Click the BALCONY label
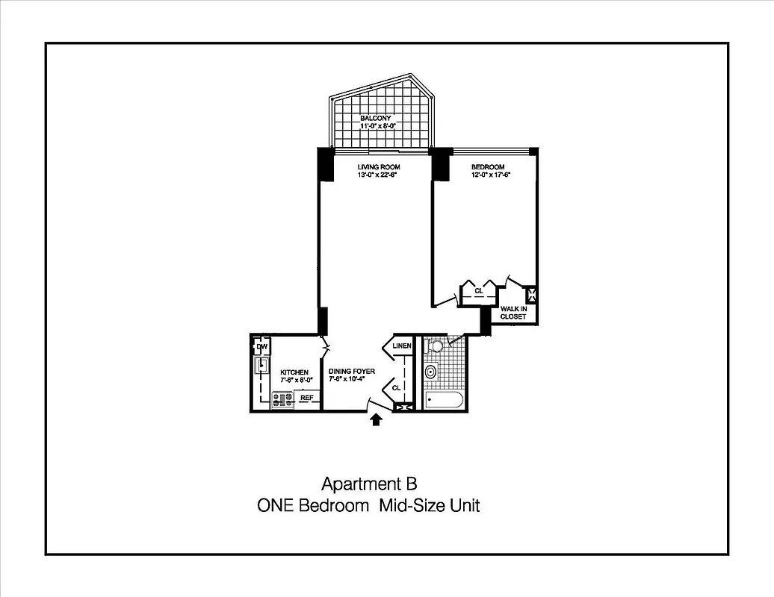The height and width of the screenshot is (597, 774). [x=376, y=119]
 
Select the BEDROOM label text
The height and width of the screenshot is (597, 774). [x=487, y=167]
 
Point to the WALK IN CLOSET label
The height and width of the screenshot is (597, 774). [x=513, y=313]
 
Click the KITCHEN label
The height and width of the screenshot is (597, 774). [x=294, y=372]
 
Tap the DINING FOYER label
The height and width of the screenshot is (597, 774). [x=351, y=372]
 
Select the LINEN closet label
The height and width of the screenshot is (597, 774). [x=402, y=346]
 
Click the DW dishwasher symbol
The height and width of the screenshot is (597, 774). [x=261, y=348]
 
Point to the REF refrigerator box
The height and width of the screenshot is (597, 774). [x=306, y=398]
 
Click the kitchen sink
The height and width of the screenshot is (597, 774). [x=261, y=366]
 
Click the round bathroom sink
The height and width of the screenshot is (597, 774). [x=431, y=372]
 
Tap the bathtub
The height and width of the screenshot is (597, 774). [x=444, y=400]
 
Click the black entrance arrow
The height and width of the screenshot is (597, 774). [x=376, y=420]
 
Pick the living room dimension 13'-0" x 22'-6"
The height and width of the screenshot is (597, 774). [x=378, y=176]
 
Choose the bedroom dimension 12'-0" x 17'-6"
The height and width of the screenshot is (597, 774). [x=490, y=176]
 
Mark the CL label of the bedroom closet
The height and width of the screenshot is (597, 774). [x=478, y=290]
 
